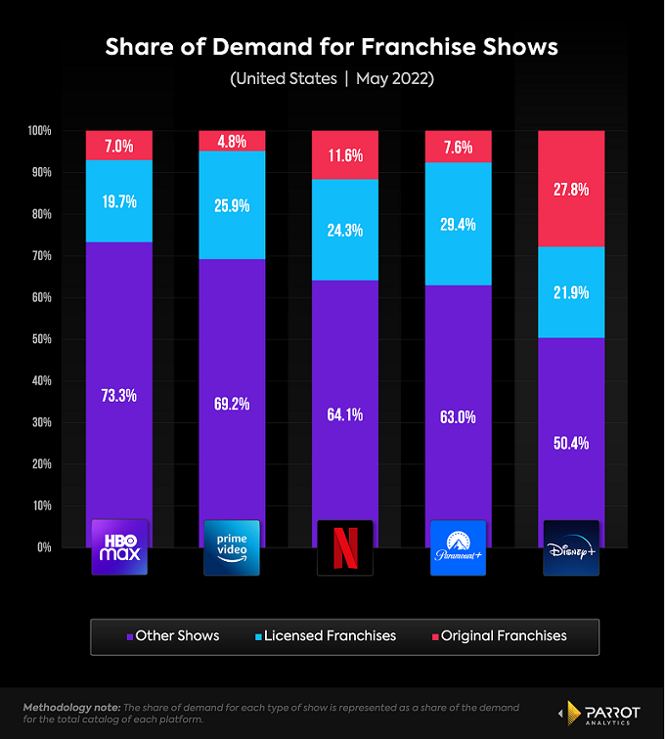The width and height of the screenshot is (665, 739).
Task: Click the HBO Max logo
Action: click(x=118, y=546)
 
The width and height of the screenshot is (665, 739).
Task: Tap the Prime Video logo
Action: click(x=232, y=546)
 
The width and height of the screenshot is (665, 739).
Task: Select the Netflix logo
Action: click(x=345, y=546)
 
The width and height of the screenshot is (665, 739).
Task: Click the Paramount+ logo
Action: click(x=458, y=546)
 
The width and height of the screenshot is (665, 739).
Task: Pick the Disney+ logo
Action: click(x=571, y=546)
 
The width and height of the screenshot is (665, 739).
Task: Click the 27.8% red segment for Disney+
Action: click(x=571, y=189)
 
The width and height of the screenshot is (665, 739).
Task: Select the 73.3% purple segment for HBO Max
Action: click(x=118, y=395)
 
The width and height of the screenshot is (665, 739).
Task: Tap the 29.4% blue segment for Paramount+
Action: click(x=458, y=224)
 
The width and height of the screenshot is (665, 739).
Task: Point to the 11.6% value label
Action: click(x=345, y=155)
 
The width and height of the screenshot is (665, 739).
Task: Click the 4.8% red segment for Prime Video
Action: click(x=232, y=141)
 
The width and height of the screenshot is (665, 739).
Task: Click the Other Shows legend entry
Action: click(x=172, y=635)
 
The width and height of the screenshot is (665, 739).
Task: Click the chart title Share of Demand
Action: click(x=332, y=47)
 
